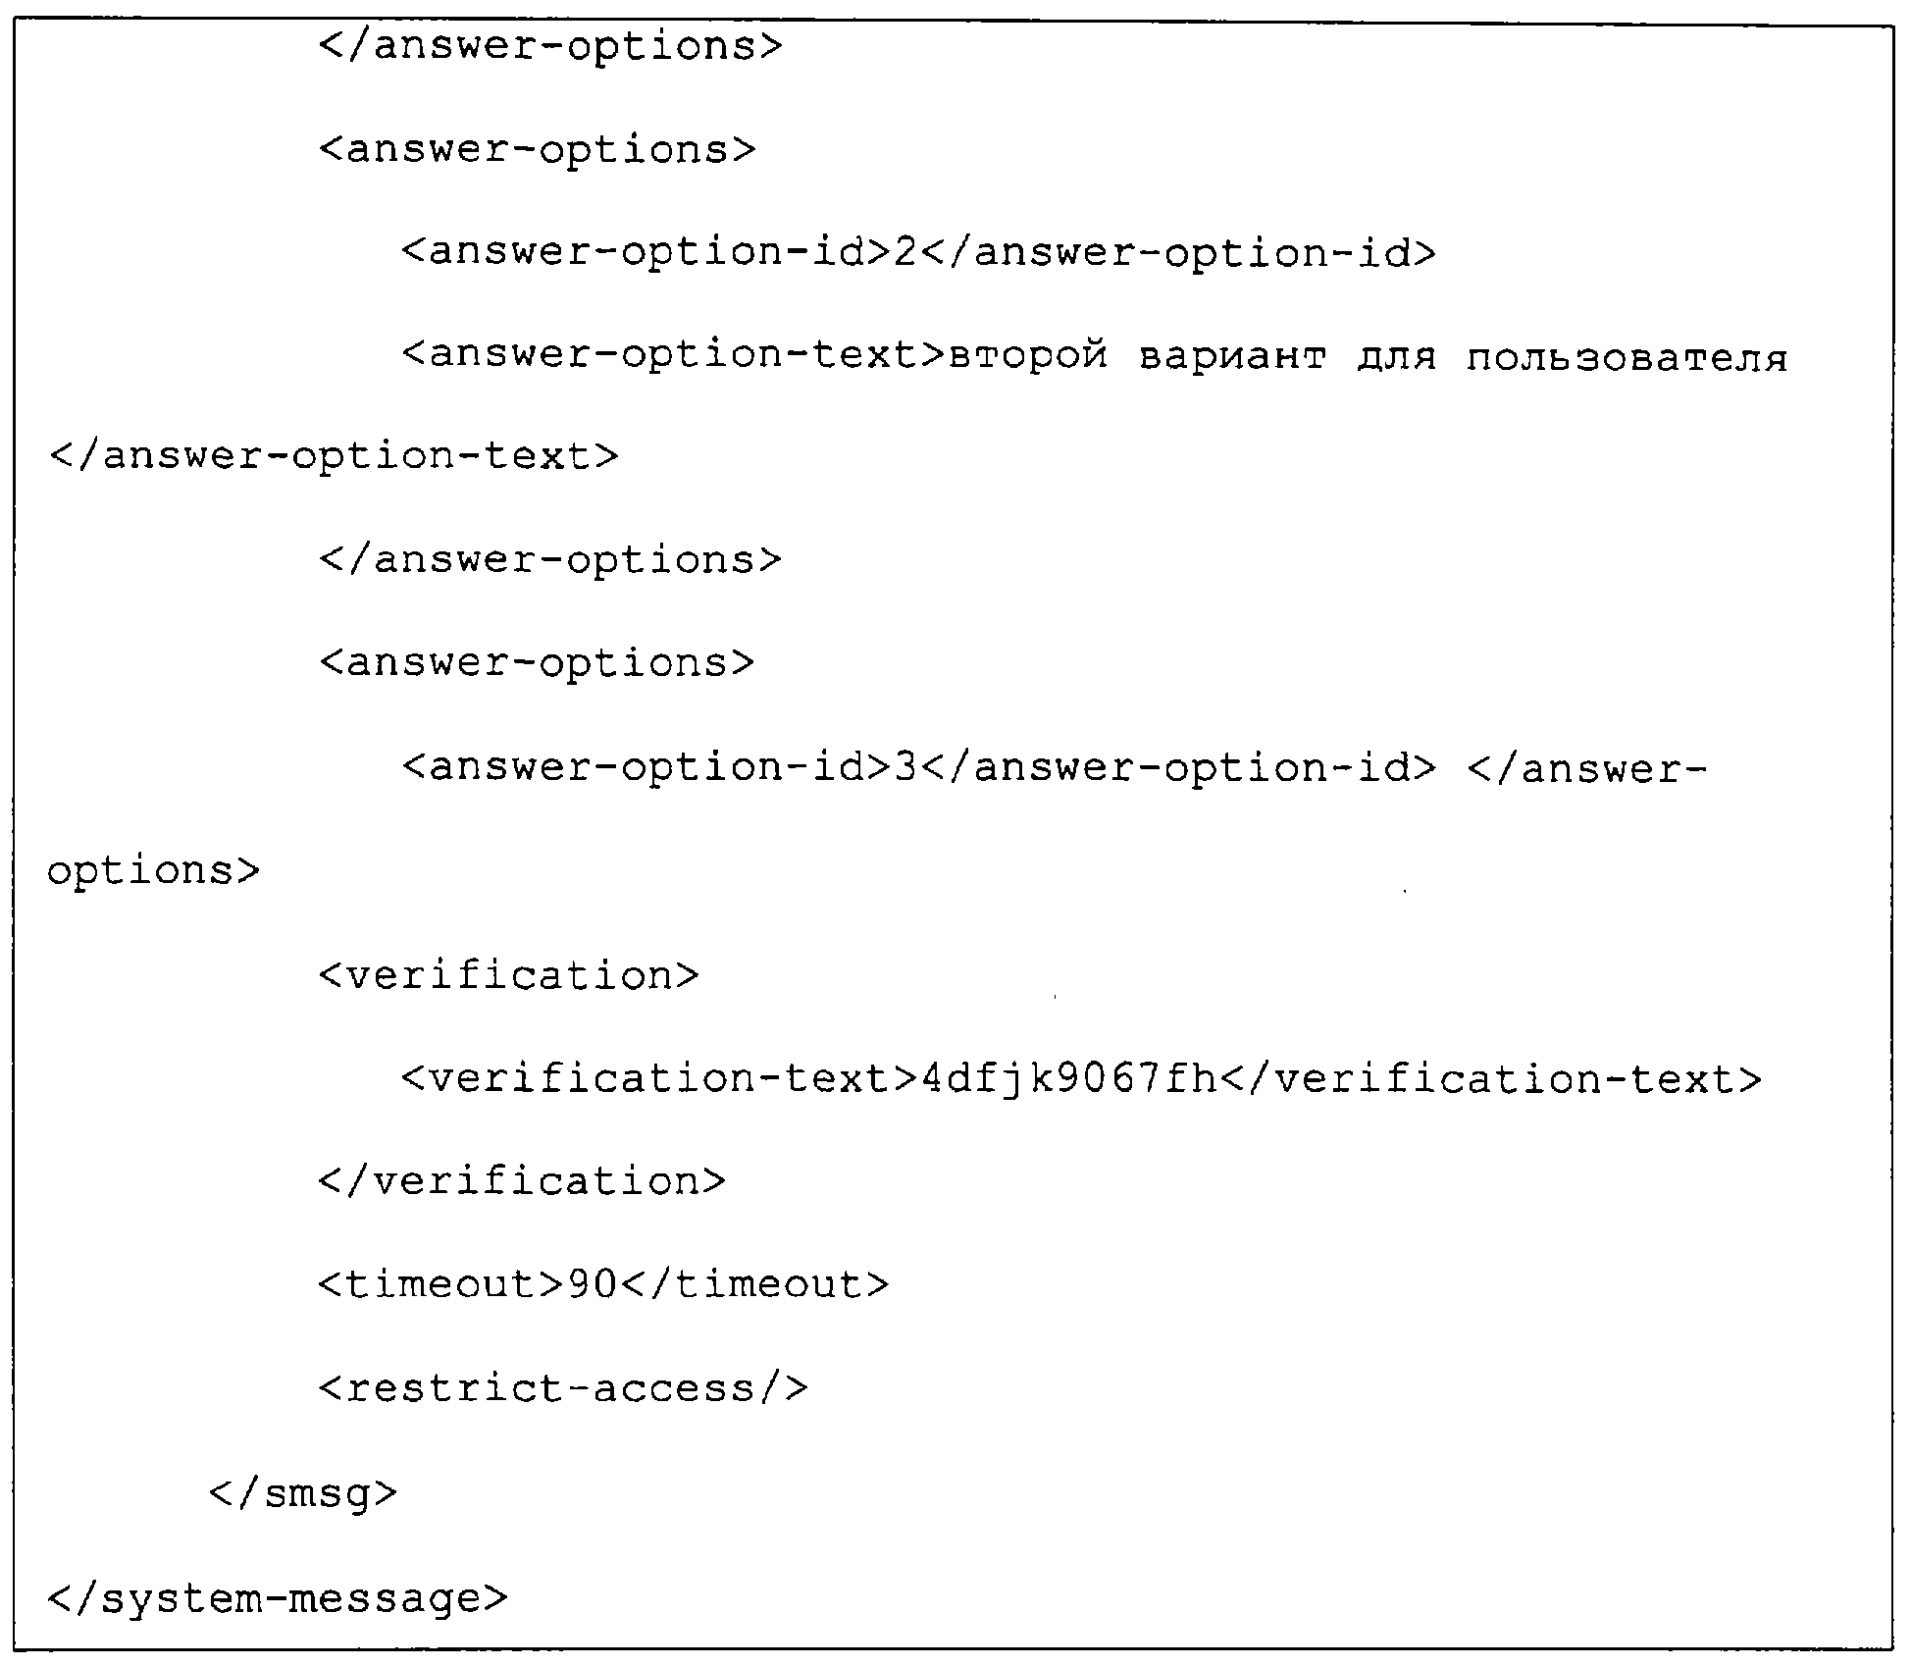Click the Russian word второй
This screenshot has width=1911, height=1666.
pyautogui.click(x=1029, y=357)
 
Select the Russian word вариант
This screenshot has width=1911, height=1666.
pyautogui.click(x=1234, y=357)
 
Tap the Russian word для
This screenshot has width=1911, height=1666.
pyautogui.click(x=1397, y=358)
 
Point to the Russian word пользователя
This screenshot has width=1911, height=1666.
pyautogui.click(x=1627, y=358)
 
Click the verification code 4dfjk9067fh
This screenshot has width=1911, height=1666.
pyautogui.click(x=1069, y=1079)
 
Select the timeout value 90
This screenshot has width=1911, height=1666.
pyautogui.click(x=593, y=1284)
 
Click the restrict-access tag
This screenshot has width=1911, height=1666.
pyautogui.click(x=563, y=1388)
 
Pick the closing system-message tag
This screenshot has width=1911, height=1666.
pyautogui.click(x=278, y=1598)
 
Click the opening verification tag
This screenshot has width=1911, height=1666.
pyautogui.click(x=509, y=975)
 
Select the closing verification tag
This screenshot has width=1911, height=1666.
pyautogui.click(x=522, y=1180)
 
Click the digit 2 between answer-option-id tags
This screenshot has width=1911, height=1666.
pyautogui.click(x=905, y=253)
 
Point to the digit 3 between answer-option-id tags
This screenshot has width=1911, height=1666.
pyautogui.click(x=905, y=767)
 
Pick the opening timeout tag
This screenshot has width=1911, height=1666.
pyautogui.click(x=442, y=1284)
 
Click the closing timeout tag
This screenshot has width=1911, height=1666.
pyautogui.click(x=754, y=1284)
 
